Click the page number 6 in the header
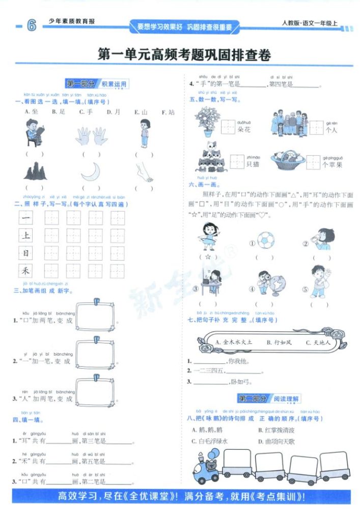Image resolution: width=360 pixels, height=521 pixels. pos(31,25)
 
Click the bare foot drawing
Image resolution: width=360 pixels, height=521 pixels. pos(144,171)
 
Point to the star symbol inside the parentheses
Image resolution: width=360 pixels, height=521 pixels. pos(208,257)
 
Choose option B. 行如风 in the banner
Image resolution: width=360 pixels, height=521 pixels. pos(280,342)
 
